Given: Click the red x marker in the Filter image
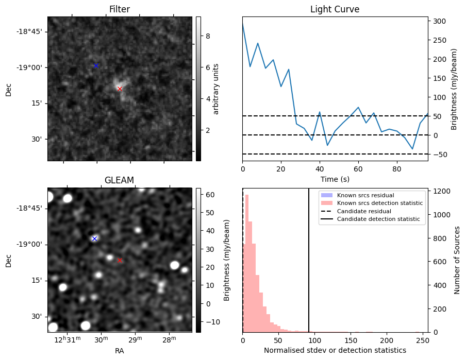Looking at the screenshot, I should (120, 89).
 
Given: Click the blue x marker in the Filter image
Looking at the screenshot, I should (96, 65).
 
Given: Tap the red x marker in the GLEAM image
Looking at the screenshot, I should (120, 260).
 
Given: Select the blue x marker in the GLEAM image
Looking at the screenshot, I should (94, 238).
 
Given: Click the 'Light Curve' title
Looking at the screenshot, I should (335, 9).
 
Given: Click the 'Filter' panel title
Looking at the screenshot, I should (120, 9).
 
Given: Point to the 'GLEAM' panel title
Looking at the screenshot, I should (120, 180).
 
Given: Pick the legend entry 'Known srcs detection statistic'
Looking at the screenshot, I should (380, 203).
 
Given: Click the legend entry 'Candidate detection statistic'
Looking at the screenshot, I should (378, 219).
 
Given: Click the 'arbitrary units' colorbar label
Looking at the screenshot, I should (216, 89).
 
